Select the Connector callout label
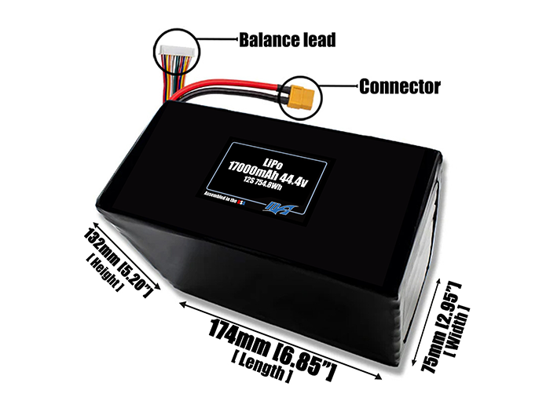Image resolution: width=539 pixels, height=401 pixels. click(x=399, y=86)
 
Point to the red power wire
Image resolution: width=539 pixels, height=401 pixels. click(x=236, y=86)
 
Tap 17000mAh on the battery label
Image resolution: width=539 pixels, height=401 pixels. click(x=257, y=167)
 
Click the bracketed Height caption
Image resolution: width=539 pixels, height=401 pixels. click(x=100, y=271)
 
